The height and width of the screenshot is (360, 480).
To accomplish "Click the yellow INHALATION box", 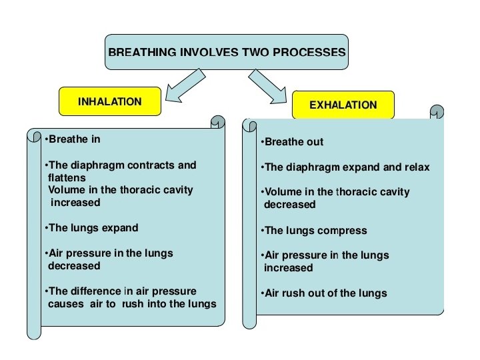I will tap(110, 102).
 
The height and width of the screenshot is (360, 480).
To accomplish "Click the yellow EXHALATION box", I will tap(343, 105).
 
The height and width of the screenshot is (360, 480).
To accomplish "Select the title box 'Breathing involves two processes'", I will tap(227, 52).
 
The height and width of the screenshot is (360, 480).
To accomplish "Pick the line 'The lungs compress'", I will tap(315, 231).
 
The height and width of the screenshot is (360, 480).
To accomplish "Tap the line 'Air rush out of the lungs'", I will tap(325, 293).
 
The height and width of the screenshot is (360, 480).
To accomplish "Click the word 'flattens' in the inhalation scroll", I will tap(67, 178).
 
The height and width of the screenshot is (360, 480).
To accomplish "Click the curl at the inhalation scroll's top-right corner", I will tap(218, 122).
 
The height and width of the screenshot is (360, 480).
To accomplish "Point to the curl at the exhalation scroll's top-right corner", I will tap(437, 111).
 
